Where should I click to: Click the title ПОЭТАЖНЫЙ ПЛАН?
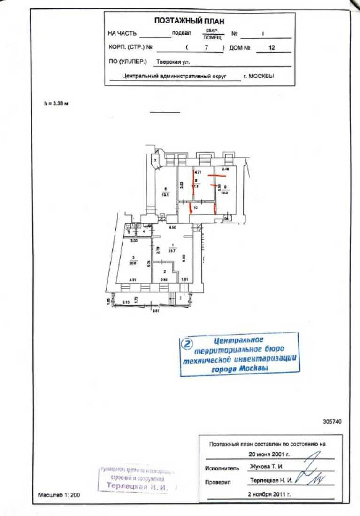[189, 21]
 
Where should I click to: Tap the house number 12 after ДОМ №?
[271, 47]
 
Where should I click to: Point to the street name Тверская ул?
[173, 62]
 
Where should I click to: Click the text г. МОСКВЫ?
[258, 75]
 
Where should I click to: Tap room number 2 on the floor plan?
[164, 271]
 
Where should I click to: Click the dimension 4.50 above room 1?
[173, 228]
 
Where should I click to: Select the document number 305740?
[332, 421]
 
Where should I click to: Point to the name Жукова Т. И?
[267, 467]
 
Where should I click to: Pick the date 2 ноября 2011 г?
[269, 494]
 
